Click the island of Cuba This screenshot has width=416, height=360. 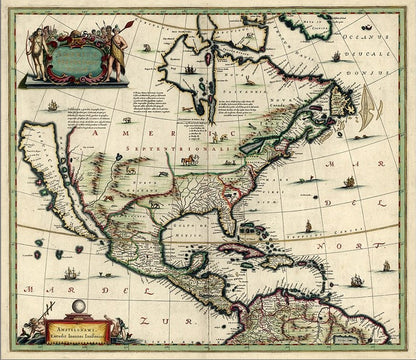coord(256,247)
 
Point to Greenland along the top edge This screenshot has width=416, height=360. coord(310,20)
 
